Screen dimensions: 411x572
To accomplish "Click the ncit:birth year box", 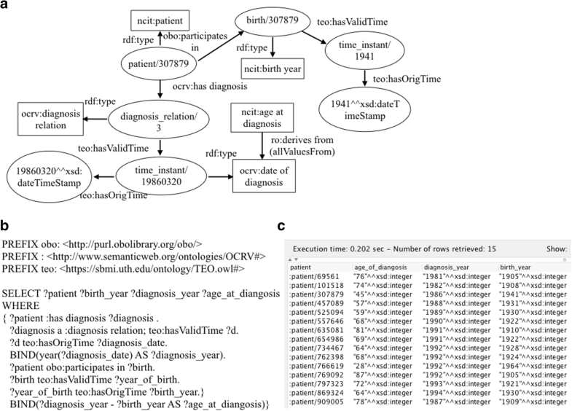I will tap(271, 71).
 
